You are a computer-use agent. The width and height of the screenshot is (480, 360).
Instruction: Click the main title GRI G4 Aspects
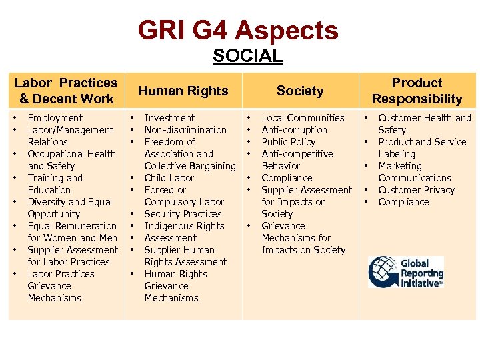(239, 30)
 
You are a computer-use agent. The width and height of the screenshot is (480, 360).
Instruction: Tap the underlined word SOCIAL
(247, 57)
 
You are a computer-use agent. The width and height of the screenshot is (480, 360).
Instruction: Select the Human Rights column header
(183, 91)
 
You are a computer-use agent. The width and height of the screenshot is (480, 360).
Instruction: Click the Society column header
(299, 91)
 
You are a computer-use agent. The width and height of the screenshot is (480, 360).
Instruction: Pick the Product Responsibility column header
(417, 91)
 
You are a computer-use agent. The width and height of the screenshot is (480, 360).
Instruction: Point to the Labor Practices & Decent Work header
(66, 91)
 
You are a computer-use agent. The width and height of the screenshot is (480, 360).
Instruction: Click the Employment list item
(55, 118)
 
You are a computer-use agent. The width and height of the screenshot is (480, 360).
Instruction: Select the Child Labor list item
(169, 178)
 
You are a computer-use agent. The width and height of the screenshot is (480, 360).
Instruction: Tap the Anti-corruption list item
(294, 130)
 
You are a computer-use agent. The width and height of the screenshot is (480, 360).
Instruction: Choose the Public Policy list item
(289, 142)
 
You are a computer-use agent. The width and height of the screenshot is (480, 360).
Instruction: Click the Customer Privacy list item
(416, 190)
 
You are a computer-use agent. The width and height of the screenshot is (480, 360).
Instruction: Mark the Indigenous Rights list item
(184, 226)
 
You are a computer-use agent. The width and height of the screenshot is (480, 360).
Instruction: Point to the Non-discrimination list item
(185, 130)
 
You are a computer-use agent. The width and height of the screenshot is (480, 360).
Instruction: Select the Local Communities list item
(303, 118)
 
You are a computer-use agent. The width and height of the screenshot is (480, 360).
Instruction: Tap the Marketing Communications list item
(414, 172)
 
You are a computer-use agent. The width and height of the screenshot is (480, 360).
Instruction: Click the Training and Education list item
(55, 184)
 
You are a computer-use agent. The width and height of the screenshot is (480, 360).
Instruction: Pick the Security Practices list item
(183, 214)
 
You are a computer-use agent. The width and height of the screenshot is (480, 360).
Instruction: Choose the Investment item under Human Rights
(169, 118)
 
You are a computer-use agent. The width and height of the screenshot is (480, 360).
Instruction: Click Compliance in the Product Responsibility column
(403, 202)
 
